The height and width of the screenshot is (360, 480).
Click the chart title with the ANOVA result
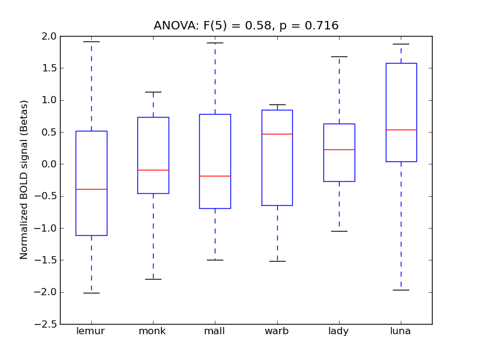[246, 26]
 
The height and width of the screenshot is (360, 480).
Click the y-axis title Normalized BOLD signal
[24, 180]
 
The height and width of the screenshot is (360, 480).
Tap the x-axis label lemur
[91, 331]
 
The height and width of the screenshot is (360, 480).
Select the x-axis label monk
[152, 331]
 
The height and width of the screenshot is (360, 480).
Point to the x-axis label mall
[215, 331]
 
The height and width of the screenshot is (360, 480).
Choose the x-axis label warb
[277, 331]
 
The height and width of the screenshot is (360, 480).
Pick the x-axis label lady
[339, 331]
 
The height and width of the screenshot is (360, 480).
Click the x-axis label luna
[401, 331]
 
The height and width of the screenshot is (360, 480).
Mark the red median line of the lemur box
[91, 189]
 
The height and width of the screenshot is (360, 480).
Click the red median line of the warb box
[277, 134]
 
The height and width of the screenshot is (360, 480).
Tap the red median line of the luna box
[401, 130]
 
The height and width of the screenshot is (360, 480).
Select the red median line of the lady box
[339, 149]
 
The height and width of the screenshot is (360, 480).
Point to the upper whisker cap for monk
[153, 92]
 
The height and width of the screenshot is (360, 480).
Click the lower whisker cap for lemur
[91, 293]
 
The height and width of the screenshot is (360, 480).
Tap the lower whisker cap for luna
[401, 290]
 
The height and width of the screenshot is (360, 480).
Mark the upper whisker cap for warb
[277, 104]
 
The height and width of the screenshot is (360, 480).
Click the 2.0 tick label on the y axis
[50, 36]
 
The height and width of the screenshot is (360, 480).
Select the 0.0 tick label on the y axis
[50, 164]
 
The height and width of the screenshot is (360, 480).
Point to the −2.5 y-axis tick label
[47, 324]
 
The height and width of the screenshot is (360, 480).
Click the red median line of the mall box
[215, 176]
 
